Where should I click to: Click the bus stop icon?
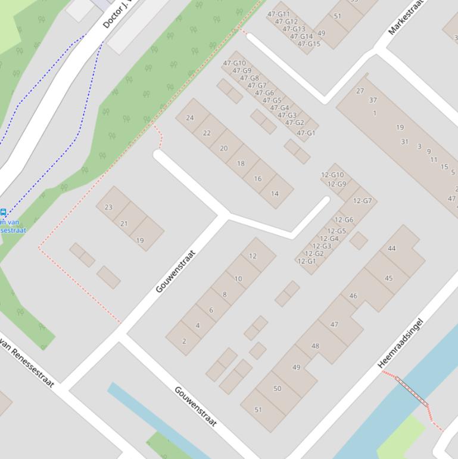3,212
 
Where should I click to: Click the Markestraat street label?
409,18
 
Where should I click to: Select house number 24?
190,117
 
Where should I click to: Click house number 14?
275,194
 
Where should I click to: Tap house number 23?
108,207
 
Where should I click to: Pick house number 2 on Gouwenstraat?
184,342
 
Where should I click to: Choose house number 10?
238,279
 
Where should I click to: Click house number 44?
391,249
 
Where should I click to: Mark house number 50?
277,389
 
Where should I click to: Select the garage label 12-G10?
332,175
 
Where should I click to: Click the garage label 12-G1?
306,261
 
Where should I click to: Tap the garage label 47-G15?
309,44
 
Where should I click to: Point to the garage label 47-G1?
306,133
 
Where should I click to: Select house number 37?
373,100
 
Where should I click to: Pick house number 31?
404,142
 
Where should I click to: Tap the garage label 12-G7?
362,201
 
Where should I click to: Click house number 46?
353,296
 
